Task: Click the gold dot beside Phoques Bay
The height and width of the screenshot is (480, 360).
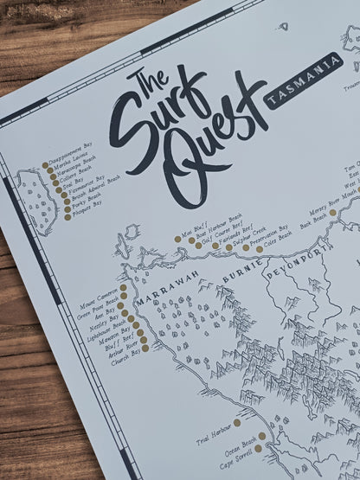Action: pyautogui.click(x=67, y=217)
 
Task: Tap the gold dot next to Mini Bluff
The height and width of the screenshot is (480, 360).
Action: pyautogui.click(x=177, y=238)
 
